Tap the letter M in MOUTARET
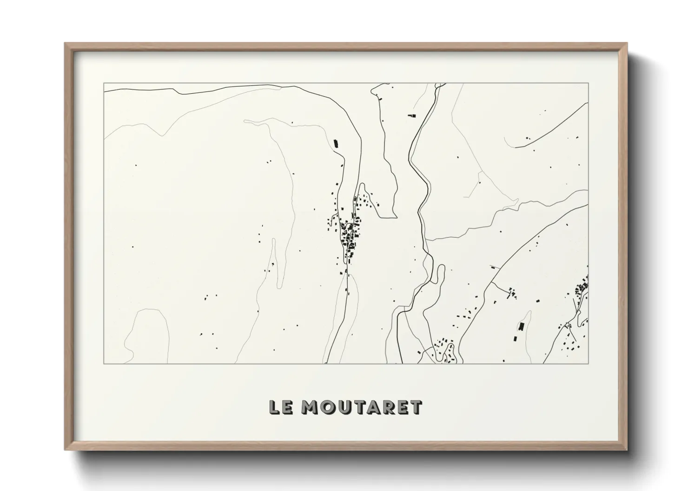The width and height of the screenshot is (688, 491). click(x=310, y=407)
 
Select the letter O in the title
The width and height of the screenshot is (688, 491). click(x=328, y=407)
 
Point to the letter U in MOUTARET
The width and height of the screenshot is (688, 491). click(x=345, y=407)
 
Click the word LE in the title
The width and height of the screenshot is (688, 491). click(x=282, y=407)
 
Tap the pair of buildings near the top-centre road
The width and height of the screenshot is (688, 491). click(x=411, y=116)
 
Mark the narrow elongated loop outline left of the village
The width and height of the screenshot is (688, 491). click(x=277, y=265)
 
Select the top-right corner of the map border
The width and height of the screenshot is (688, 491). click(x=588, y=84)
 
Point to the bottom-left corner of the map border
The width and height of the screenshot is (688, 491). click(x=104, y=363)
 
